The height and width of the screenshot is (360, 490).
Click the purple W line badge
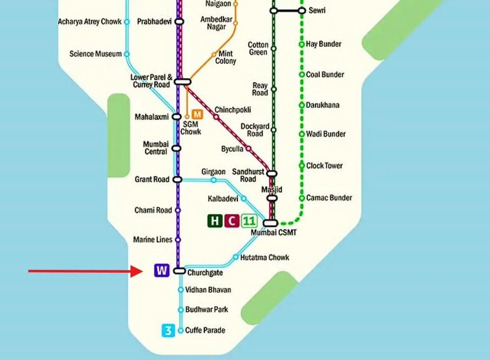point(162,270)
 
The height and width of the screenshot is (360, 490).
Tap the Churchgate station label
point(205,273)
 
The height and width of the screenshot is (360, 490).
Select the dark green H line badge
point(215,221)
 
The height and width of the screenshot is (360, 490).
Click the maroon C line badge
point(231,221)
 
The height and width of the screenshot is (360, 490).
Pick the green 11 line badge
point(249,221)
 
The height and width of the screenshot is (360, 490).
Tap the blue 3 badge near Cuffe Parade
point(168,330)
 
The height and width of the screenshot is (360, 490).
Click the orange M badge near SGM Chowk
point(197,114)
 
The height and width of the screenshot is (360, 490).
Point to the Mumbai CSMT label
point(273,233)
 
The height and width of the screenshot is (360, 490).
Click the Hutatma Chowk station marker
point(236,257)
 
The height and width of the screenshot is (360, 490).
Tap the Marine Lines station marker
point(178,240)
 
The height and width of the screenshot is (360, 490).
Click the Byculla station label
point(232,149)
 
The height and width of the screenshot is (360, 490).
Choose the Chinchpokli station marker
point(216,117)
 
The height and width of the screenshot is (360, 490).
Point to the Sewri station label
point(317,10)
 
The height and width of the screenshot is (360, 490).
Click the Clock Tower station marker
point(302,166)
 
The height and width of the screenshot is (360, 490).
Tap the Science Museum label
point(95,54)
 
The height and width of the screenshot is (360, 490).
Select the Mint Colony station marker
point(214,54)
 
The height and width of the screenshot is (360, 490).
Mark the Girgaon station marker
point(214,180)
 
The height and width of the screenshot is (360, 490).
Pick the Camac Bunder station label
point(329,198)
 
